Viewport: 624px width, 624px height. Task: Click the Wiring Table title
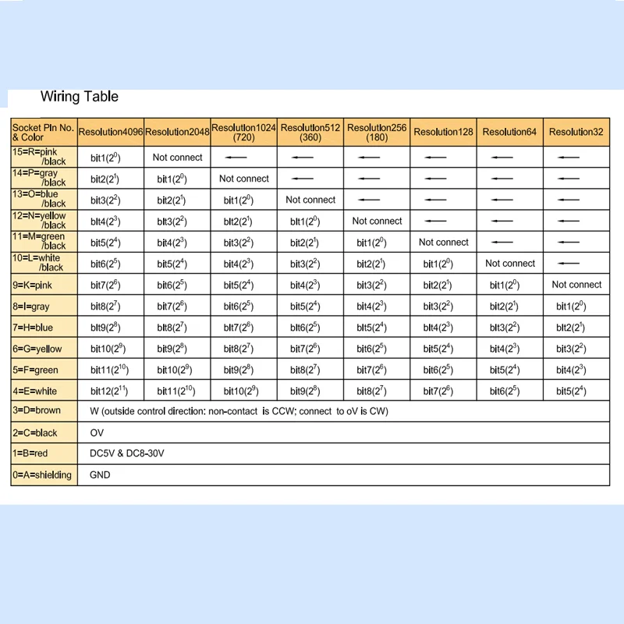[x=80, y=97]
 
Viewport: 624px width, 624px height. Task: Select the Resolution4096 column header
[x=111, y=132]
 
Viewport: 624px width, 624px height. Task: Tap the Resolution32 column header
[x=576, y=132]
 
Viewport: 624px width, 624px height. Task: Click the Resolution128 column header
[x=443, y=132]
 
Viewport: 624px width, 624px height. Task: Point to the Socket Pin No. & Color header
[x=44, y=132]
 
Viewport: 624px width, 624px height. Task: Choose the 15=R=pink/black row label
[x=44, y=157]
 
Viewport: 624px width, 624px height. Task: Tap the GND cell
[x=100, y=474]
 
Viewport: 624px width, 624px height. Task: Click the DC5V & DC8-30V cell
[x=127, y=453]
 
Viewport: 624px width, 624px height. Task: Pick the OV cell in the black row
[x=97, y=432]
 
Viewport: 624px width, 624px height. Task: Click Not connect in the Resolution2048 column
[x=177, y=157]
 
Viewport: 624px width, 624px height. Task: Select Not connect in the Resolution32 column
[x=576, y=285]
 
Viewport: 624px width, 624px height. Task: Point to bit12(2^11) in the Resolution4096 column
[x=111, y=390]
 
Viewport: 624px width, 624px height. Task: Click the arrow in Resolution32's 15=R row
[x=569, y=157]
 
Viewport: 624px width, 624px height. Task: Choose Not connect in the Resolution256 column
[x=377, y=221]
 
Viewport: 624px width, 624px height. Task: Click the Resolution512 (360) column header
[x=310, y=132]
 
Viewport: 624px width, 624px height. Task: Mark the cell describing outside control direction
[x=239, y=411]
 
